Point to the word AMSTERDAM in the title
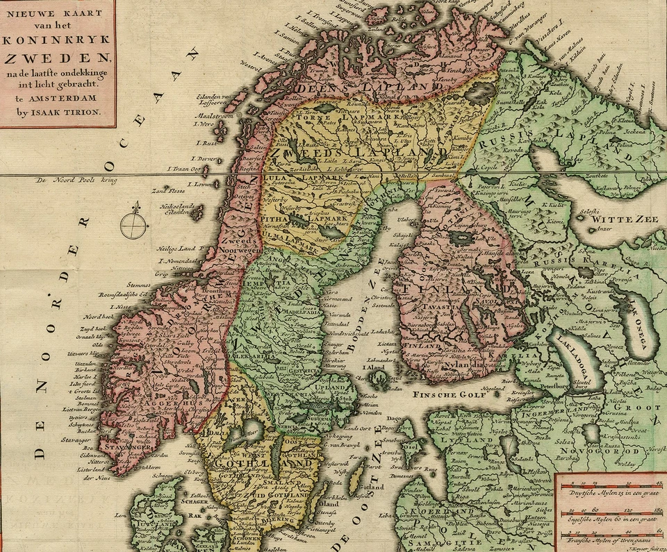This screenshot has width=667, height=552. point(63,99)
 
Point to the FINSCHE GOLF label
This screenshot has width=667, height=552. point(445,394)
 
